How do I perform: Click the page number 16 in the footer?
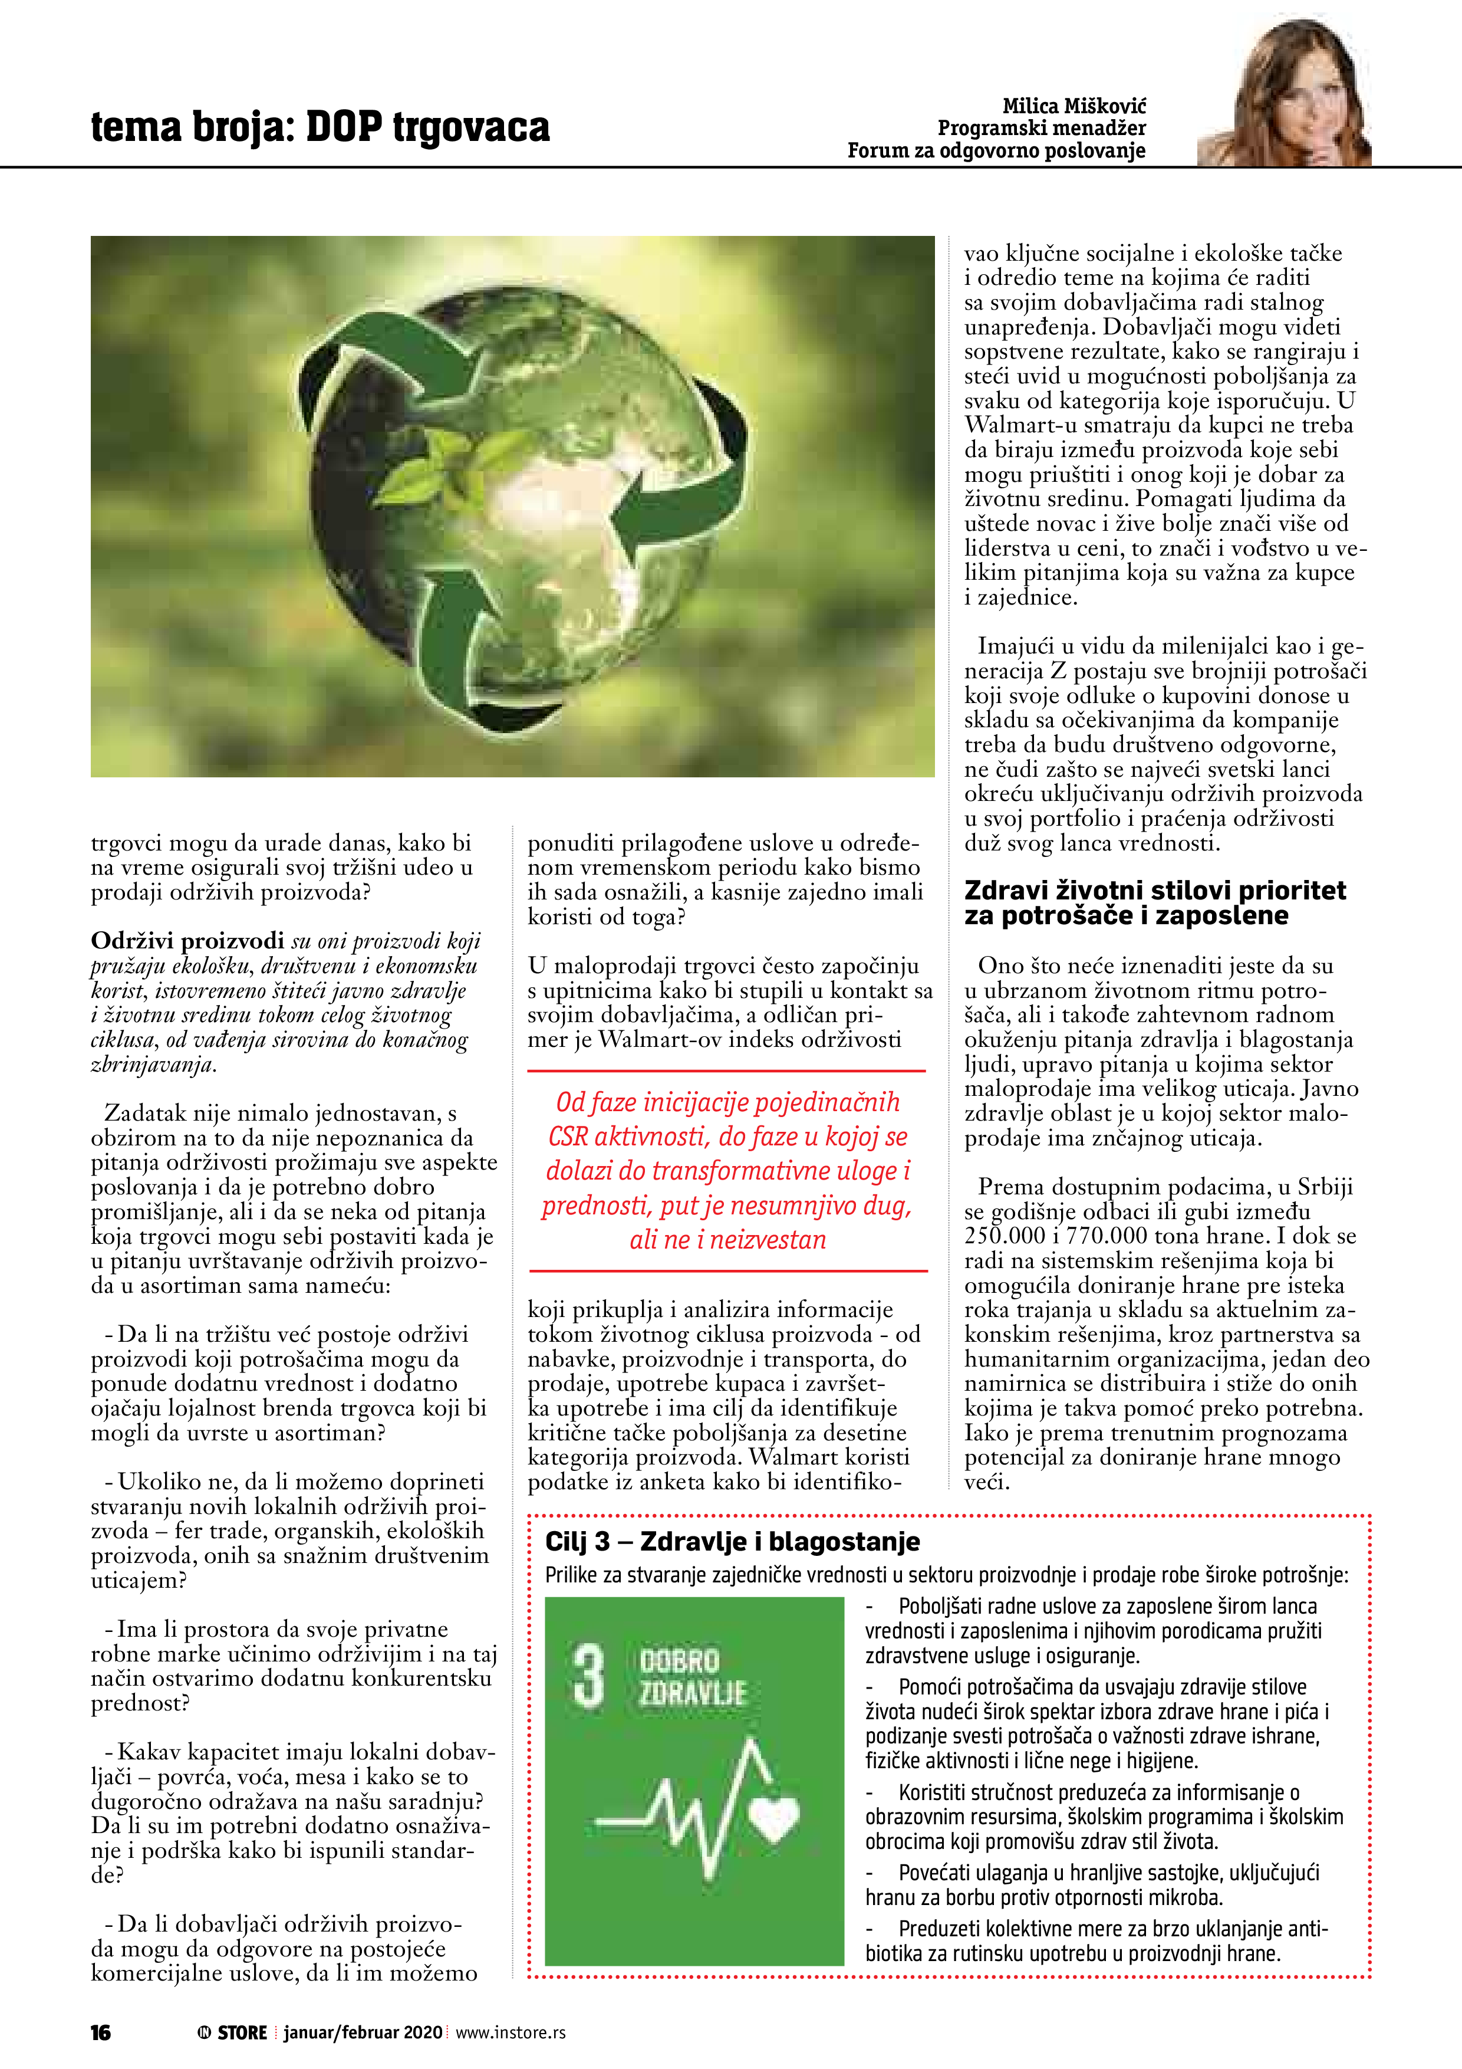pyautogui.click(x=101, y=2032)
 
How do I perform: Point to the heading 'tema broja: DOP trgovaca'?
pyautogui.click(x=320, y=127)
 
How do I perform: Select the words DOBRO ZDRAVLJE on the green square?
pyautogui.click(x=692, y=1677)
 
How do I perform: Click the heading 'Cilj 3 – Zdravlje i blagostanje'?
pyautogui.click(x=732, y=1542)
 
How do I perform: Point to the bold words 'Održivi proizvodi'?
pyautogui.click(x=187, y=941)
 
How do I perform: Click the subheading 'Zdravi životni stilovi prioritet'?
pyautogui.click(x=1155, y=891)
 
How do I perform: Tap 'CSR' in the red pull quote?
pyautogui.click(x=568, y=1137)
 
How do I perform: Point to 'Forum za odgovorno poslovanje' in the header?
pyautogui.click(x=996, y=150)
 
